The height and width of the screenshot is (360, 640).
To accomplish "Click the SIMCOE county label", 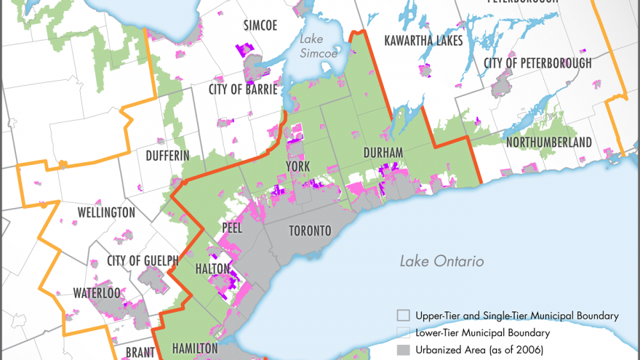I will (260, 25).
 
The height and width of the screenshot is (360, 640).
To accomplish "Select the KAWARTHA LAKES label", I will (423, 40).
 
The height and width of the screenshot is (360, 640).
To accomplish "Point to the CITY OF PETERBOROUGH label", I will (537, 63).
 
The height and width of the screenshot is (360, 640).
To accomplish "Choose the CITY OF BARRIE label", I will (243, 89).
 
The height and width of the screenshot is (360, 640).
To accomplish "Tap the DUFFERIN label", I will (167, 156).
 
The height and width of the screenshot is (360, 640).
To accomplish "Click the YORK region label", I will (298, 167).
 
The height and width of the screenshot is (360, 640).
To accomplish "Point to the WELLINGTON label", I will (106, 212).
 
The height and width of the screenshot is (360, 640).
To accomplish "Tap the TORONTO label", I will (310, 231).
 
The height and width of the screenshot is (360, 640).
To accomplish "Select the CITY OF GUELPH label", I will (143, 261).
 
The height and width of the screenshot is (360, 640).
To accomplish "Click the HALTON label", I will (214, 269).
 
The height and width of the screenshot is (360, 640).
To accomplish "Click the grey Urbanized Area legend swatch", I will (403, 348).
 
